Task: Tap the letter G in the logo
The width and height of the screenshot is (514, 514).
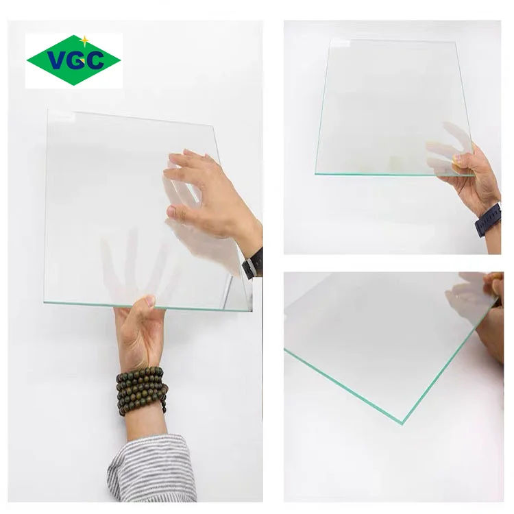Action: pyautogui.click(x=75, y=60)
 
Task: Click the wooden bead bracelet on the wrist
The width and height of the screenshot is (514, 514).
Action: pyautogui.click(x=141, y=390)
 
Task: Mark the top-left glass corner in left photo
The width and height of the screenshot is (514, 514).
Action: pyautogui.click(x=47, y=110)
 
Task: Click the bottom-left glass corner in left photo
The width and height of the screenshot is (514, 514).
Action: pyautogui.click(x=45, y=302)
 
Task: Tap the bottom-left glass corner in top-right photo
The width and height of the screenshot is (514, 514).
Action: pyautogui.click(x=316, y=173)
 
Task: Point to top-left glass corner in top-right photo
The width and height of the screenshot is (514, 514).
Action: pyautogui.click(x=330, y=40)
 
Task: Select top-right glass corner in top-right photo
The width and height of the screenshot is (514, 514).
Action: pyautogui.click(x=457, y=42)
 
